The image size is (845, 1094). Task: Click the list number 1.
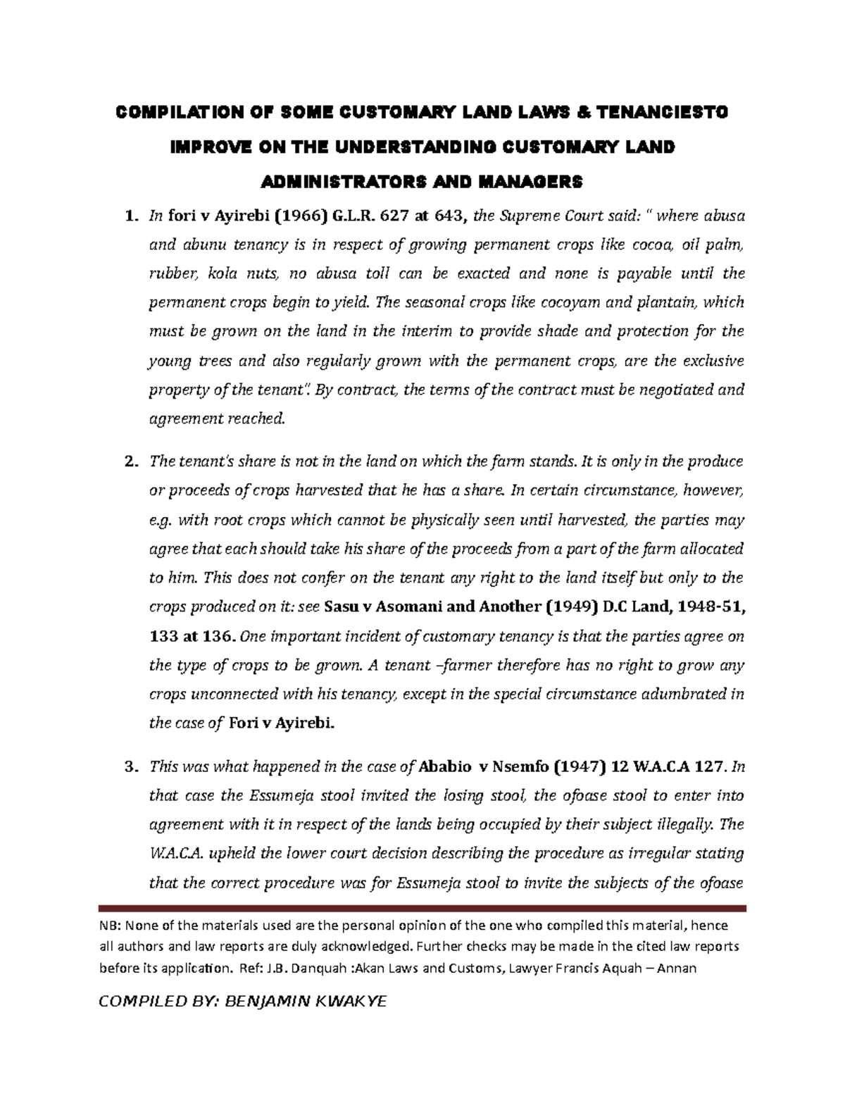coord(129,216)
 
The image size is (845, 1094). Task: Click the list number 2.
coord(129,463)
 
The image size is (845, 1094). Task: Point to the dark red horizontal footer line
coord(423,909)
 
